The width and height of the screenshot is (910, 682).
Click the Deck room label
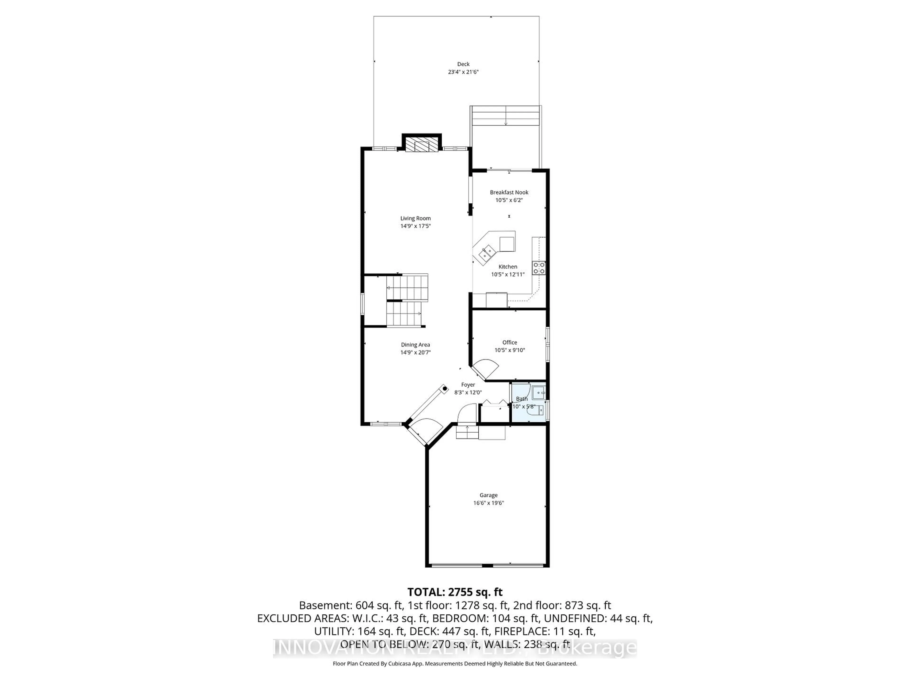[463, 64]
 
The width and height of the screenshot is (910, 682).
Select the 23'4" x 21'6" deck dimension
[463, 72]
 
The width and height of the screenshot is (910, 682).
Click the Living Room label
[415, 218]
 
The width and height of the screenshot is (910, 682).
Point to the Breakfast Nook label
[509, 192]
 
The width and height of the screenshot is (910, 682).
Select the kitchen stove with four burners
[539, 268]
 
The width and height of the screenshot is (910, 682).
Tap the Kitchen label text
[508, 267]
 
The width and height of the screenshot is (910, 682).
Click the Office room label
[509, 342]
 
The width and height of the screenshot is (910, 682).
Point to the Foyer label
[468, 385]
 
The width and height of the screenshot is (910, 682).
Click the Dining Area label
[415, 345]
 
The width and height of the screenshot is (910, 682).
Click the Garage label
[488, 495]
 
